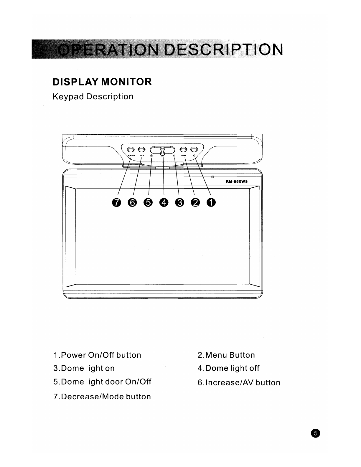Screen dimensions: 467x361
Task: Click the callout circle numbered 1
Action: [211, 203]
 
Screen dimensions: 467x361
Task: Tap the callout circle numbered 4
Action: [163, 203]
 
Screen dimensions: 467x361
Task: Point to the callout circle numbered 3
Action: [179, 203]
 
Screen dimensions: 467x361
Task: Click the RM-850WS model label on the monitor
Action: [237, 181]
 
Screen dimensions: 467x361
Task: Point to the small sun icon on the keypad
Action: [174, 156]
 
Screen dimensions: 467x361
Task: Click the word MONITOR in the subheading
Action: [126, 82]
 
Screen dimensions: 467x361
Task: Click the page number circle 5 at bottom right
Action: [315, 433]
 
